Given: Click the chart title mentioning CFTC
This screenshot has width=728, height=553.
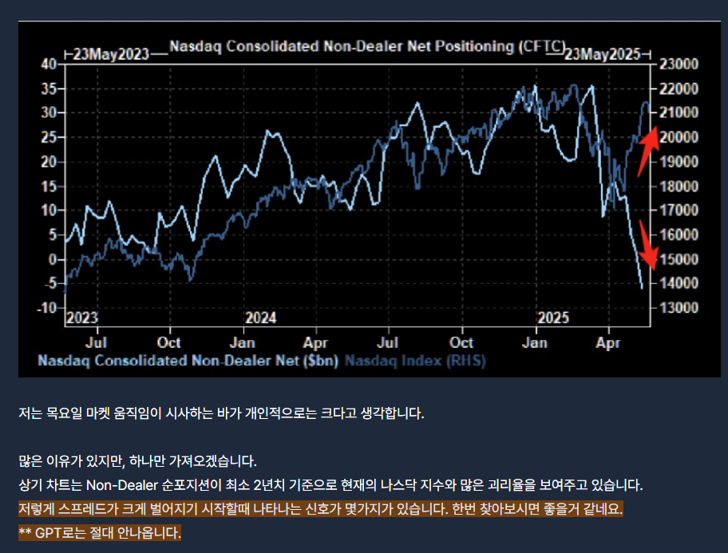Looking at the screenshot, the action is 367,46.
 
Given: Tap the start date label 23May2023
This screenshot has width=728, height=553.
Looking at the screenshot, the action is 111,54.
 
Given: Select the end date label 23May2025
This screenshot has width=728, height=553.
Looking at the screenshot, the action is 602,54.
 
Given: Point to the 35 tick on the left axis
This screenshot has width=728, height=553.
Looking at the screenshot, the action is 49,89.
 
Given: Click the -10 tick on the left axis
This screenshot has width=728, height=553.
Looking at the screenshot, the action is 47,307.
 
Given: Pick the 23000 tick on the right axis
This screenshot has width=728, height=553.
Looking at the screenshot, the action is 679,64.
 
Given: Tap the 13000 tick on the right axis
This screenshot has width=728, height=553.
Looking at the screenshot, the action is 679,307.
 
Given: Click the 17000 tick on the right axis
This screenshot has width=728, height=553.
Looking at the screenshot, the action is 679,210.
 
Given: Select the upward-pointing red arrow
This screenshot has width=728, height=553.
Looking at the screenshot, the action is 648,152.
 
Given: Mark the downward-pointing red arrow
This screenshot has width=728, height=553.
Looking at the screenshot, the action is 648,245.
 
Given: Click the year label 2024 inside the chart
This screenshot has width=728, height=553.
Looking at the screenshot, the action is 260,318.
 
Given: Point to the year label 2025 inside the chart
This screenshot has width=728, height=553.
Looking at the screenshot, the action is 553,318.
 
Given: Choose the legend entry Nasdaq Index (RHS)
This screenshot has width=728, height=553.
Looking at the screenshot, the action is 415,361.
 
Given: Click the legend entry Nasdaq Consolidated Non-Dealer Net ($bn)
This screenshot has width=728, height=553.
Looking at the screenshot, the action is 188,361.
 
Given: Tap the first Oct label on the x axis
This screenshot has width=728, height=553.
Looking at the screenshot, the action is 168,342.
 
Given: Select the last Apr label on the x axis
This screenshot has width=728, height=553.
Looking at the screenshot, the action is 607,342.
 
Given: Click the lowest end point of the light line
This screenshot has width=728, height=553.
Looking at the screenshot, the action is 642,289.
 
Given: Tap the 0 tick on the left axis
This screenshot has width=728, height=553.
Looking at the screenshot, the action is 53,259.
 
